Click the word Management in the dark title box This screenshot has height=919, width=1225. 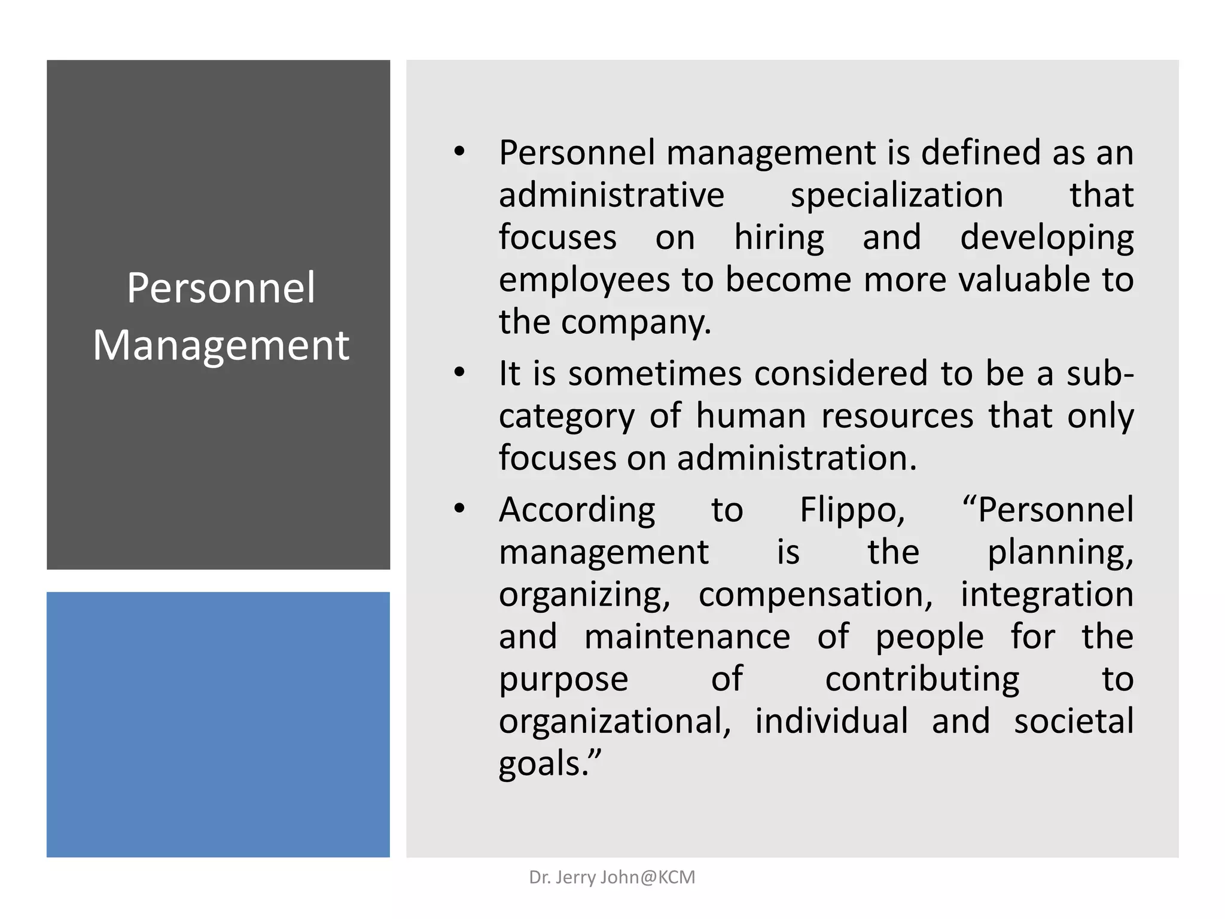221,345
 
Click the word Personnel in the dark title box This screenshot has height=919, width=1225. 221,288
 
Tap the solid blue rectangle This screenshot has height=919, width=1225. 218,724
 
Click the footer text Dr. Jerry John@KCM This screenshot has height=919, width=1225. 612,877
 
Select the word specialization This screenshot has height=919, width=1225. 897,196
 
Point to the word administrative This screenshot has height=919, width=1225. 611,196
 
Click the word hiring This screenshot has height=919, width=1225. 779,238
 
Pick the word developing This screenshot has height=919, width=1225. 1047,238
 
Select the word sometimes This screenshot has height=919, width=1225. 654,373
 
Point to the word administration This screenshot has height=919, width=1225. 796,458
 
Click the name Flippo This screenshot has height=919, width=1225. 852,510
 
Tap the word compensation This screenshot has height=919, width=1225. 815,595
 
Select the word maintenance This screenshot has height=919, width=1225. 687,637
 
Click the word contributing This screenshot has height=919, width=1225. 922,679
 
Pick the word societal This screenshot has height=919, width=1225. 1074,721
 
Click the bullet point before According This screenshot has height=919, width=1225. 459,509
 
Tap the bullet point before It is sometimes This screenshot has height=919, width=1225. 459,373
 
